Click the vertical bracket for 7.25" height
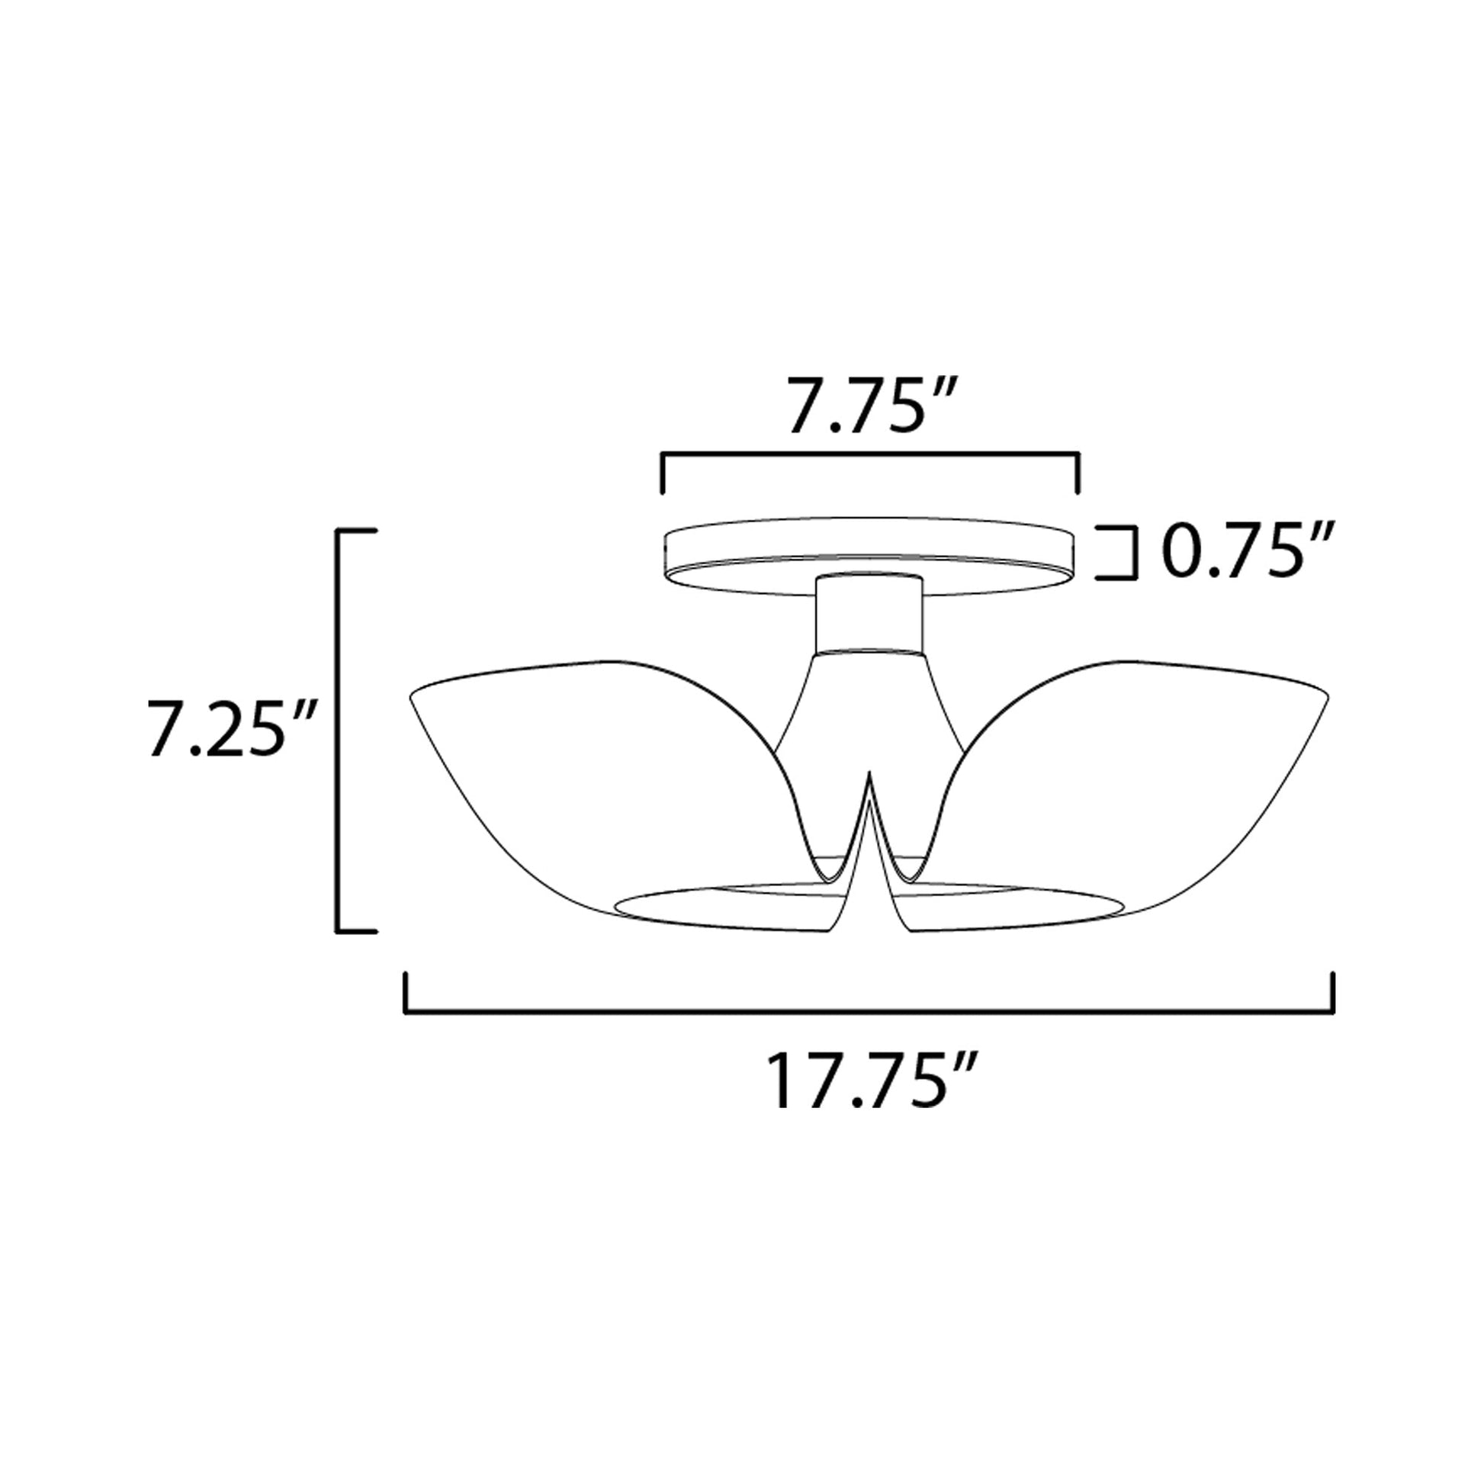point(339,730)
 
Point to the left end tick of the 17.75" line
point(406,992)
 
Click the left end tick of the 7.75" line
point(662,472)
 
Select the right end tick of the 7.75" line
point(1079,472)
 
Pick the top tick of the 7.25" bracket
point(358,530)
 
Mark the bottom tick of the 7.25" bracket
point(358,931)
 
